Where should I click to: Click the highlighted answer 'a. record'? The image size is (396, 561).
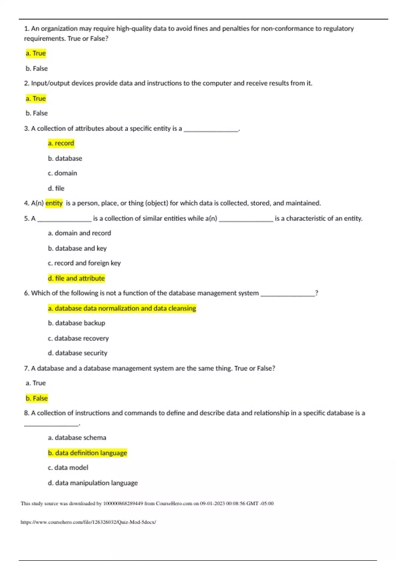point(61,143)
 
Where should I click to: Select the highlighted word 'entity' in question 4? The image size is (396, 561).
point(54,203)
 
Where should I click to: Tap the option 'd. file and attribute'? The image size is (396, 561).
point(76,278)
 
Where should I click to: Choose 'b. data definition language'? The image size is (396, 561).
point(87,453)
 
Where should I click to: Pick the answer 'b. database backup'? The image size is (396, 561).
point(77,323)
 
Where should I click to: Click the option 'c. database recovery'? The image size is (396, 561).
point(78,338)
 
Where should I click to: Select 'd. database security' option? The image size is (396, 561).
point(78,353)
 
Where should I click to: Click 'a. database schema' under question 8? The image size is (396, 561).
point(77,438)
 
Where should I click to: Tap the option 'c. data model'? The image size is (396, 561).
point(68,468)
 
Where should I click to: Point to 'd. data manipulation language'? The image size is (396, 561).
point(93,483)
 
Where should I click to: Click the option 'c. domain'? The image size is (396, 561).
point(62,173)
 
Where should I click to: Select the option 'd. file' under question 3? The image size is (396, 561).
point(56,188)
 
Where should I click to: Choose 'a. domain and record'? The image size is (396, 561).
point(80,233)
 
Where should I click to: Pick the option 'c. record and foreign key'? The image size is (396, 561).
point(84,263)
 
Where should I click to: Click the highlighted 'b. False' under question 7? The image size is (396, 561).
point(37,398)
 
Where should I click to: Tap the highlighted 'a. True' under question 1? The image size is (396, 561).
point(36,53)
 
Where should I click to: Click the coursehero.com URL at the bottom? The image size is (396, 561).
point(88,522)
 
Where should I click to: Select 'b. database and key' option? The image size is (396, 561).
point(77,248)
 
